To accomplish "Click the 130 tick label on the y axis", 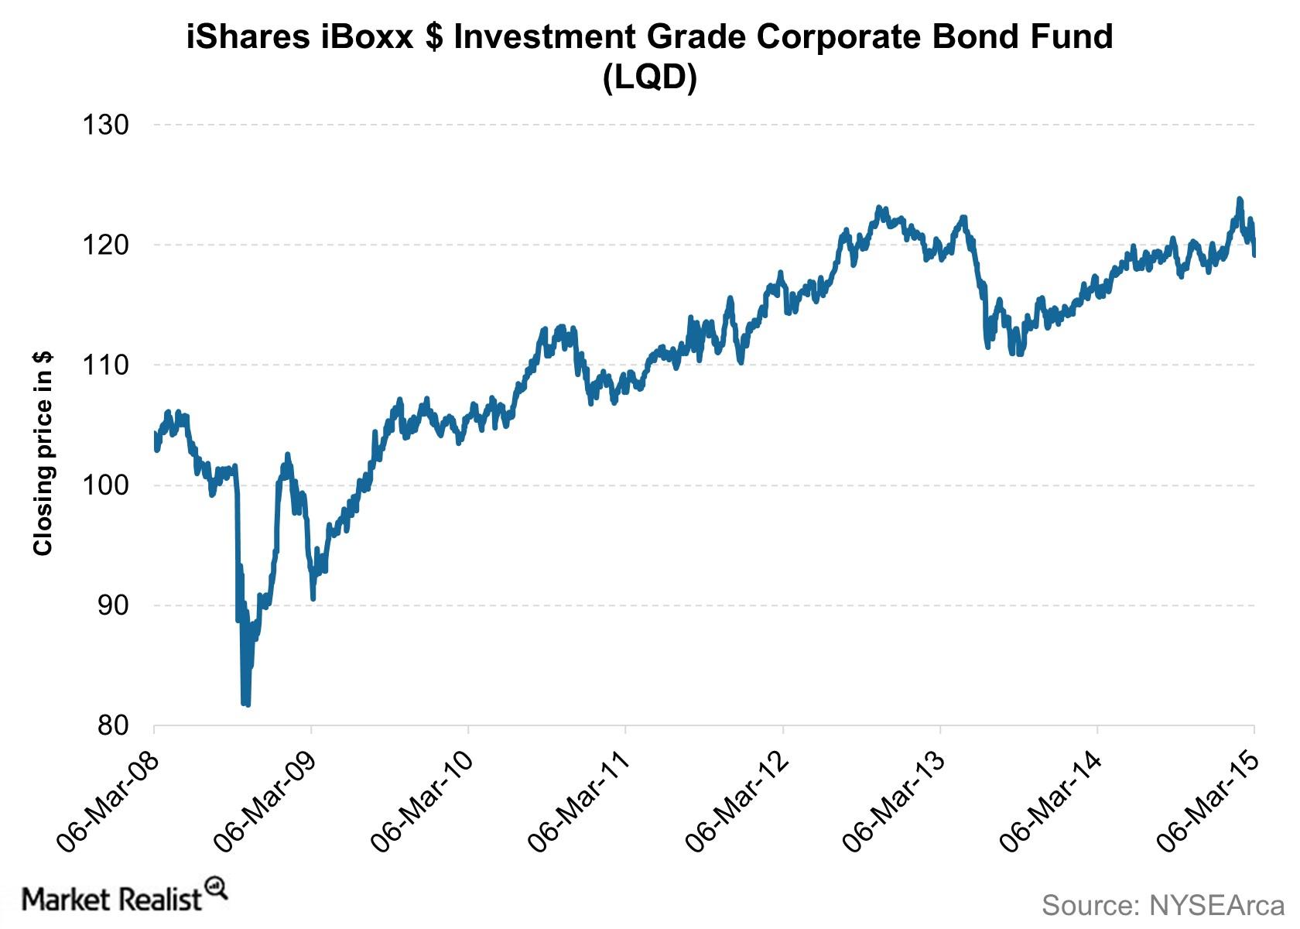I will tap(105, 125).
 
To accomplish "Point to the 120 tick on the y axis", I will tap(105, 245).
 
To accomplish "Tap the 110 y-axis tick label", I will tap(105, 365).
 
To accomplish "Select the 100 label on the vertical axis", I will tap(105, 485).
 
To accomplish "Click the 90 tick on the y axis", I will tap(113, 605).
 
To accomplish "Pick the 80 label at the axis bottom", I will tap(113, 725).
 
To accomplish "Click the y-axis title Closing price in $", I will tap(43, 453).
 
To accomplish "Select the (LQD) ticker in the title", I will tap(650, 77).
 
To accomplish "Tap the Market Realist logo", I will tap(124, 898).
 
